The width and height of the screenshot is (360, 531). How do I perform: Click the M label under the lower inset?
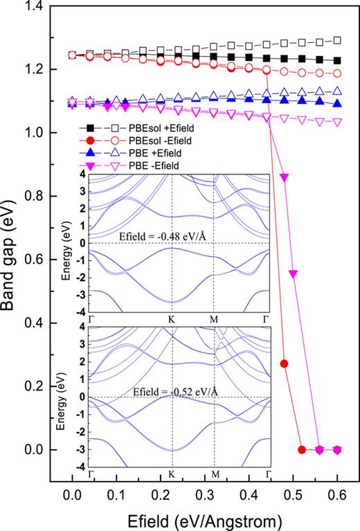215,475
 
